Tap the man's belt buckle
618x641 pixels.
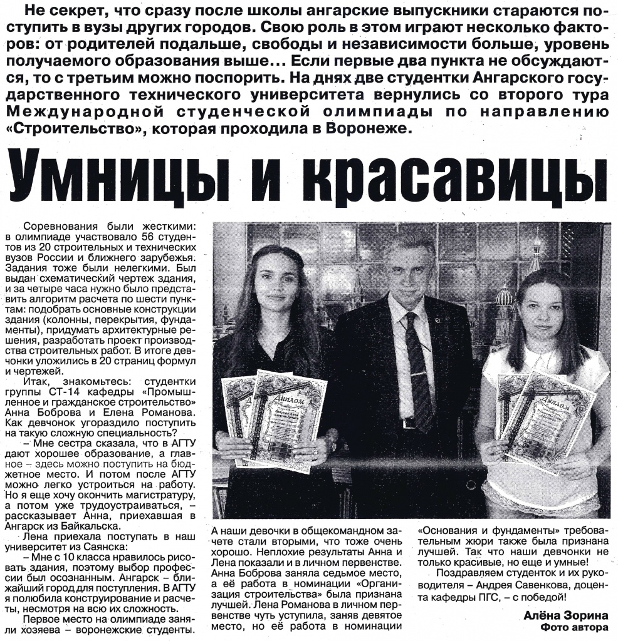408,424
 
